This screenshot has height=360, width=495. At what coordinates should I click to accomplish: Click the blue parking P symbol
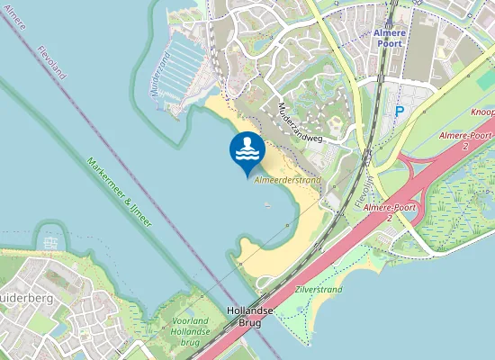coord(400,112)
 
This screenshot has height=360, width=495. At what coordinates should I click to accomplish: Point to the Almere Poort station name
coord(390,37)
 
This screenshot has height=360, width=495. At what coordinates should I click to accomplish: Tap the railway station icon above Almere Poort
coord(390,24)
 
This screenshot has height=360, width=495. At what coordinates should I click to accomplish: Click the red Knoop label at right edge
coord(481,113)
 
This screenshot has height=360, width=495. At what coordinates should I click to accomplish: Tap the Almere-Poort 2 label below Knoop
coord(464,139)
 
